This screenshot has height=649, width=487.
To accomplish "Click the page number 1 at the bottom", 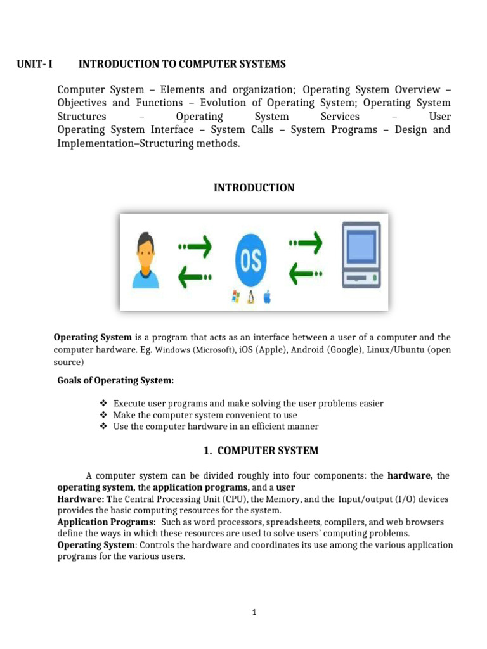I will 253,612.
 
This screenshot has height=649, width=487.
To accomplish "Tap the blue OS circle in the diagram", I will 250,260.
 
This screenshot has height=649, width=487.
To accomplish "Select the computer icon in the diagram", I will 360,255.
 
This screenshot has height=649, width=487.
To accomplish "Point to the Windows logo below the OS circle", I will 237,297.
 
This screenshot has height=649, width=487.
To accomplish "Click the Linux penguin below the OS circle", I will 251,297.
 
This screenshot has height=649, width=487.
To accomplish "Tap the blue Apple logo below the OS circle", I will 267,297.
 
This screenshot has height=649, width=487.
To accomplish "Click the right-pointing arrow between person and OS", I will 195,244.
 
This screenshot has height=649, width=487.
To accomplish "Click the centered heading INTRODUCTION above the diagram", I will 254,188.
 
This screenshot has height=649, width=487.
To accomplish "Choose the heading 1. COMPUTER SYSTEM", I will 261,451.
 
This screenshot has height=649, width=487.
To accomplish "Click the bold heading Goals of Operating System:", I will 115,380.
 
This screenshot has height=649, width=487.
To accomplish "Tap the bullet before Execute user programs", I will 104,404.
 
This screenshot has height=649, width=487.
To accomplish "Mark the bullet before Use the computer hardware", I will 104,427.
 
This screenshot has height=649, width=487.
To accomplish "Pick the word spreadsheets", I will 273,522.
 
